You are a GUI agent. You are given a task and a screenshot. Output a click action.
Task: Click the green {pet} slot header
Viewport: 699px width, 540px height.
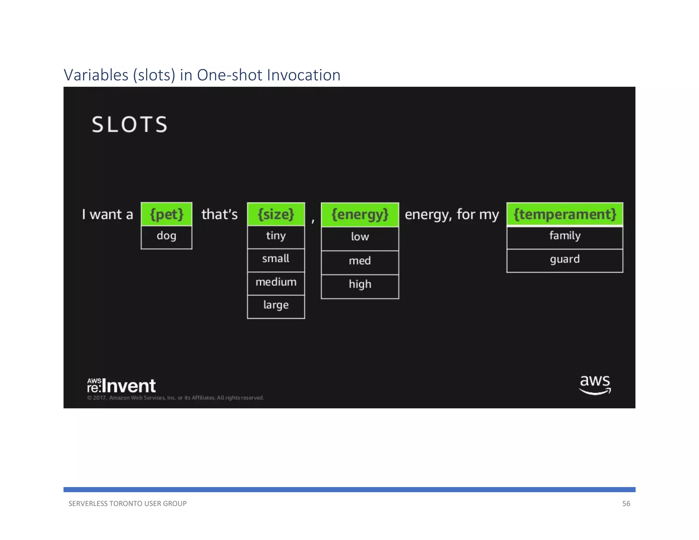point(167,214)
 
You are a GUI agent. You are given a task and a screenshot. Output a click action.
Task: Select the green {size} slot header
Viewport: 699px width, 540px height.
point(276,214)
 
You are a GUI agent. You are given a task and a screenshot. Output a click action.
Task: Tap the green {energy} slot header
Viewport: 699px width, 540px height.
point(360,214)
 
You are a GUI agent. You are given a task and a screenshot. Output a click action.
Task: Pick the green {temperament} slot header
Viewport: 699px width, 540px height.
point(565,214)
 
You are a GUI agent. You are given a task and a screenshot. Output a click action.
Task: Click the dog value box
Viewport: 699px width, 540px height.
point(167,236)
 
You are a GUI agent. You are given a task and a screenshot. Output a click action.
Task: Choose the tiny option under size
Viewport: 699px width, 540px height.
point(276,236)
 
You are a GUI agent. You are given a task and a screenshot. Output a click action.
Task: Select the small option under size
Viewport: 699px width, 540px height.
point(276,259)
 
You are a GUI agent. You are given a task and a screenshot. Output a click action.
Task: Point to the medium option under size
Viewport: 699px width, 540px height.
point(276,283)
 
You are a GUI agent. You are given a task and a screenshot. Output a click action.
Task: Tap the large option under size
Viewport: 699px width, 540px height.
point(276,306)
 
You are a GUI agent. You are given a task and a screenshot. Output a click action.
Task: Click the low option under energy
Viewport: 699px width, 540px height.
point(360,238)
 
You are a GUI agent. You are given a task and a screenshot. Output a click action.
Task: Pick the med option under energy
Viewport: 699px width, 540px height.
point(360,261)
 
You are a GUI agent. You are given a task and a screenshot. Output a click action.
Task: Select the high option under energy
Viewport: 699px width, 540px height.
point(360,285)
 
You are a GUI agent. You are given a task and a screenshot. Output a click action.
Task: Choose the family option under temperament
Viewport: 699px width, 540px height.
point(565,237)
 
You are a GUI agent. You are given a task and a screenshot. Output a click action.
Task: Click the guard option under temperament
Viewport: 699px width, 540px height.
point(565,260)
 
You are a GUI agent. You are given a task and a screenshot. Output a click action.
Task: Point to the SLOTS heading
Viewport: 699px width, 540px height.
point(130,124)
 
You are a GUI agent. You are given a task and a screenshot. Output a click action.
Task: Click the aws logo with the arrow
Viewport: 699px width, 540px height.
point(595,385)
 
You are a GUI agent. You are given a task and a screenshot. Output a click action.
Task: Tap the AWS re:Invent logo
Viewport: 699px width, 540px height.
point(122,386)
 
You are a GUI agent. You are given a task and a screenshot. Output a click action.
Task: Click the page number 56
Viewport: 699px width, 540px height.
point(626,503)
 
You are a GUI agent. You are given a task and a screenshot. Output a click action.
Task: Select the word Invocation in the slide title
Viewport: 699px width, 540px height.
point(304,75)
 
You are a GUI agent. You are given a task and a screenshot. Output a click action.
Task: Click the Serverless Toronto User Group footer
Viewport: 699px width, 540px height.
point(127,503)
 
